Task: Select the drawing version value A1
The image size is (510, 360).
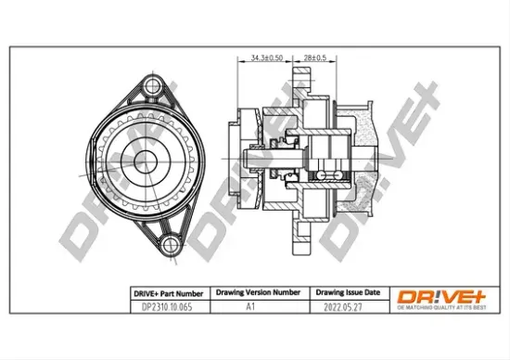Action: coord(250,304)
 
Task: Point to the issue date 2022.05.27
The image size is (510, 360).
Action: coord(341,304)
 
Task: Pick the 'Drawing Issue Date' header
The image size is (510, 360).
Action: coord(341,290)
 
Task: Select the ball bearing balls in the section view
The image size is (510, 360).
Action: coord(325,174)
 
